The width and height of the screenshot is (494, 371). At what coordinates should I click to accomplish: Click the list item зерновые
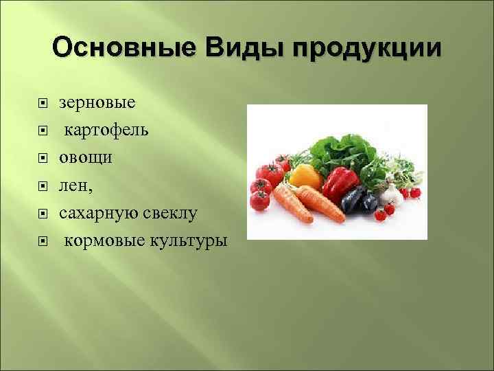click(97, 103)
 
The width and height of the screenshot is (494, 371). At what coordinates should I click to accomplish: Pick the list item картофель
click(106, 131)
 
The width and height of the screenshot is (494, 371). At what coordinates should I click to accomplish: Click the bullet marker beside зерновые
click(42, 104)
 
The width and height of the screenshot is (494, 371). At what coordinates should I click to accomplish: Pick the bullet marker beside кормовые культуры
click(42, 242)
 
